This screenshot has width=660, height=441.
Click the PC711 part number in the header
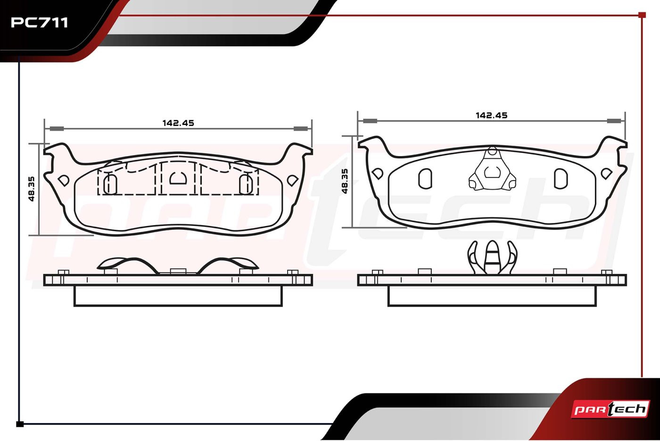click(39, 23)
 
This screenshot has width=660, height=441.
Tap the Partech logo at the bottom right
click(610, 409)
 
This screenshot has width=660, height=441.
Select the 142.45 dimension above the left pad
click(178, 123)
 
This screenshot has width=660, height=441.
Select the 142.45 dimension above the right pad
click(491, 115)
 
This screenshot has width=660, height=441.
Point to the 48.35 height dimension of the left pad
click(32, 189)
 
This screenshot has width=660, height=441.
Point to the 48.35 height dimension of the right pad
click(345, 181)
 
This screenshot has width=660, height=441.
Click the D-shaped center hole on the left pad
click(178, 178)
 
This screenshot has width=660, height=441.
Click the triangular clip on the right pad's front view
click(492, 169)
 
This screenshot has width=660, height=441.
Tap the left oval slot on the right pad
click(425, 179)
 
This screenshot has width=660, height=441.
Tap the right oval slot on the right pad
click(561, 179)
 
